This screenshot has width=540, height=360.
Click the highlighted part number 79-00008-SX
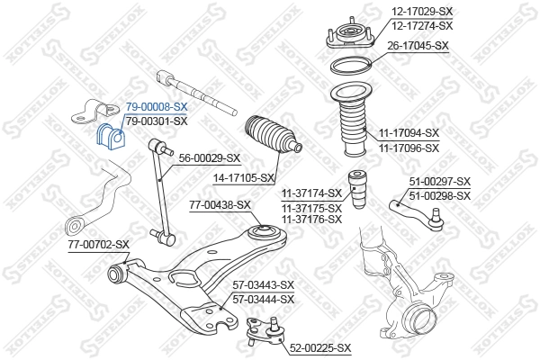(156, 106)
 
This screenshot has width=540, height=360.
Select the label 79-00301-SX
(156, 121)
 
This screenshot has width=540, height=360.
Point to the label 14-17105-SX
(243, 178)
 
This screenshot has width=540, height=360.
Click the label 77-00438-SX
(220, 206)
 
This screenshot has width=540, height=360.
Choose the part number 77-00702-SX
(99, 244)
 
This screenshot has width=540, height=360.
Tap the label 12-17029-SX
(421, 12)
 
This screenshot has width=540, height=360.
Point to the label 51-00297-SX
(439, 183)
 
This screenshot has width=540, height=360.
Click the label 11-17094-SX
(408, 133)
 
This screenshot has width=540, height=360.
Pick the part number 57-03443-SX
(263, 285)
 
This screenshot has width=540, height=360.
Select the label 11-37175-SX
(311, 205)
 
